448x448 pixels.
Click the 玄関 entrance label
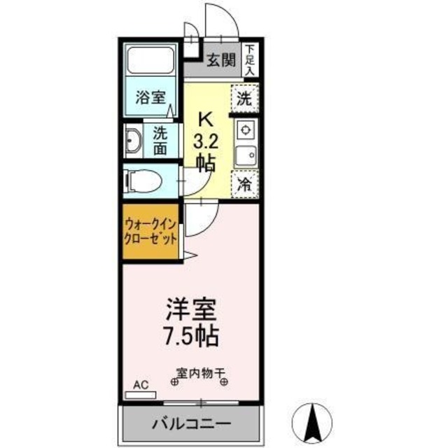[x=221, y=61]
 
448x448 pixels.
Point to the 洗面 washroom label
[x=160, y=141]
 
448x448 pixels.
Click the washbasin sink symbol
[x=133, y=141]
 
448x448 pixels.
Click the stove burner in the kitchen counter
[x=245, y=129]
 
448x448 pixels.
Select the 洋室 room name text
[x=191, y=309]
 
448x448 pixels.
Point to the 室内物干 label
[x=199, y=373]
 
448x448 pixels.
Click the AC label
[x=141, y=385]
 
